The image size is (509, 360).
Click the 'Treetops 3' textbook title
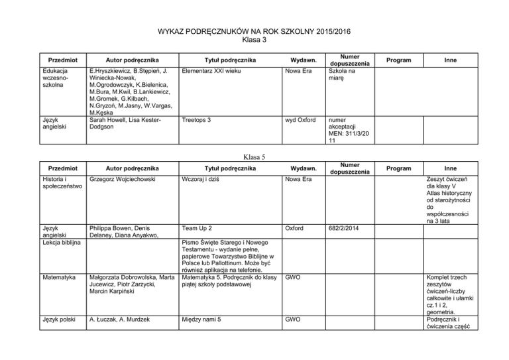[x=196, y=121]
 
